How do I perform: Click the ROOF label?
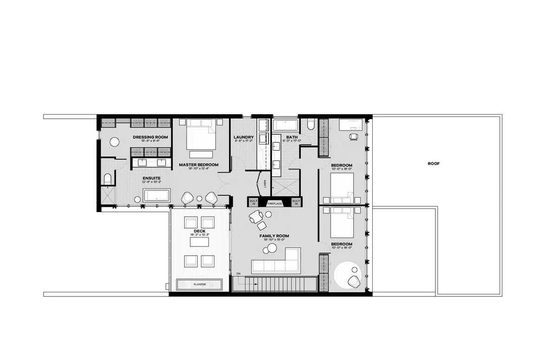(x=434, y=163)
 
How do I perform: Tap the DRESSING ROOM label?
(x=150, y=137)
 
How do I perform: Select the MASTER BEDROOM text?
(x=199, y=165)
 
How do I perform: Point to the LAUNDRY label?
(x=243, y=137)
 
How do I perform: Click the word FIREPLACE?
(x=274, y=204)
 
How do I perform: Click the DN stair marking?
(x=239, y=274)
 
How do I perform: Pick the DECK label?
(x=200, y=231)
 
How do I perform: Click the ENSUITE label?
(x=151, y=178)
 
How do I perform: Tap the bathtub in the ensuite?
(x=157, y=195)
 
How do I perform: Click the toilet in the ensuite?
(x=108, y=180)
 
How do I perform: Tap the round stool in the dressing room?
(x=114, y=142)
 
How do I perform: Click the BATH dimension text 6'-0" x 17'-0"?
(x=292, y=141)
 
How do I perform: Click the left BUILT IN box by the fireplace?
(x=253, y=202)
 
